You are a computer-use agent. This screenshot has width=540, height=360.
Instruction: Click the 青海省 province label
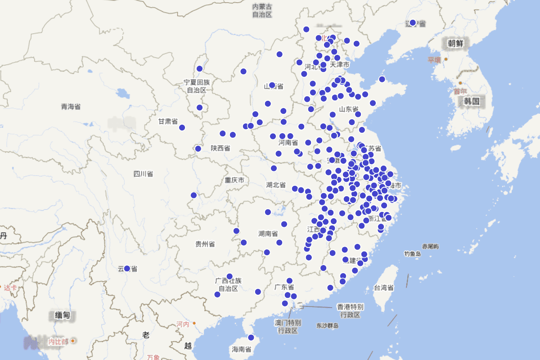click(x=71, y=107)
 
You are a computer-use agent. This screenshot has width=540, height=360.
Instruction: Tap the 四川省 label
click(x=143, y=174)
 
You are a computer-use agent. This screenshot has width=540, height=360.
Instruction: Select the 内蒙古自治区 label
click(x=262, y=10)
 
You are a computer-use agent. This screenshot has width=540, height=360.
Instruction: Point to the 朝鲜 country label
click(x=455, y=43)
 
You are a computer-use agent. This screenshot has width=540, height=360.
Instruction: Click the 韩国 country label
click(x=472, y=101)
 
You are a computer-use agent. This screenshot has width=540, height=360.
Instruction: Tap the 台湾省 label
click(x=384, y=288)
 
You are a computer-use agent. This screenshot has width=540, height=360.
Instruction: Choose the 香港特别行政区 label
click(x=350, y=310)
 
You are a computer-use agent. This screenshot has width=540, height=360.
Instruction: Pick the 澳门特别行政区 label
click(x=288, y=327)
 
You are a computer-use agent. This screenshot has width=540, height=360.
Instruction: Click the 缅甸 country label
click(x=63, y=315)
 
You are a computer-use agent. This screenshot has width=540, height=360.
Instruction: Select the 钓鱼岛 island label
click(x=412, y=254)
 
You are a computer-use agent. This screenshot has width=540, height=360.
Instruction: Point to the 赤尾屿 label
click(x=431, y=247)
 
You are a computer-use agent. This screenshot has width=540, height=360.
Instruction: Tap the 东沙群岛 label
click(x=327, y=325)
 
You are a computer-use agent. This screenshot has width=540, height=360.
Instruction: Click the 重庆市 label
click(x=234, y=180)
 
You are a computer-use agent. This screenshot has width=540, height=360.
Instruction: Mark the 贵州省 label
click(x=205, y=244)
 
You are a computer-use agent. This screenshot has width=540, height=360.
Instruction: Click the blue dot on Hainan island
click(x=251, y=337)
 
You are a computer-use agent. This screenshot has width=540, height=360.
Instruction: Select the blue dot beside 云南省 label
click(x=127, y=269)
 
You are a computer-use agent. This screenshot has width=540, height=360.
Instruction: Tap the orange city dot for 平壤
click(x=446, y=59)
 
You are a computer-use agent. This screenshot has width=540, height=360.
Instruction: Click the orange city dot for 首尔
click(x=460, y=83)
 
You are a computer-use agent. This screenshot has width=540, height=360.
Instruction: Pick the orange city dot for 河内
click(x=194, y=323)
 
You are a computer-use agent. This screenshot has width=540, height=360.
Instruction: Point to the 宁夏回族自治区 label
click(x=197, y=86)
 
